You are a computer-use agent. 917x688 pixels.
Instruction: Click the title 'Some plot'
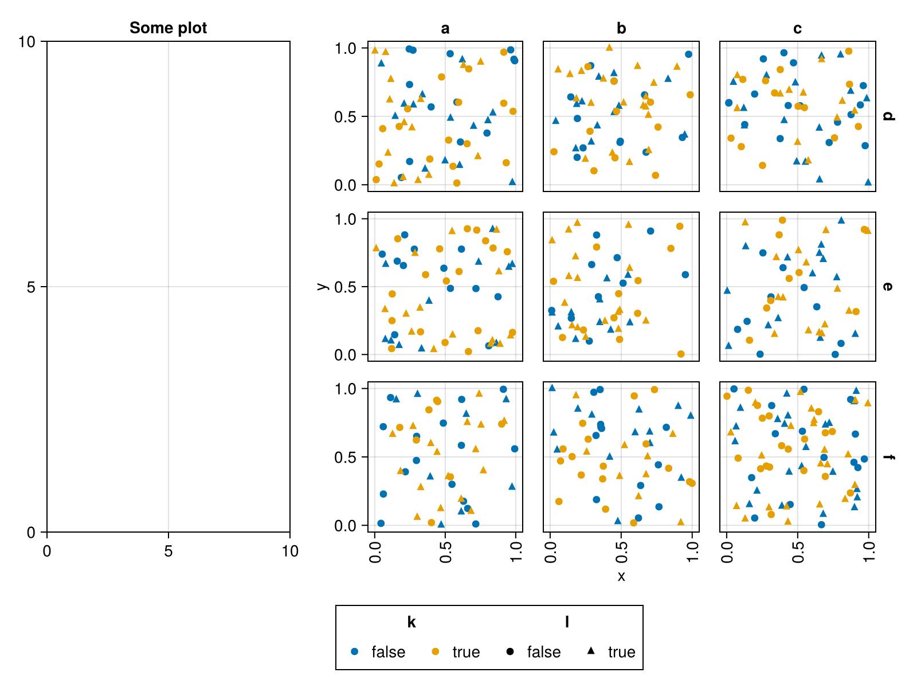(x=168, y=28)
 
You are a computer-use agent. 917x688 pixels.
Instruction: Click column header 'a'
(x=445, y=29)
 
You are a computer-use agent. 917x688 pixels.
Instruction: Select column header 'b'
(x=621, y=29)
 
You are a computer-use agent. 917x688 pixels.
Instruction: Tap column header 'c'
(x=797, y=29)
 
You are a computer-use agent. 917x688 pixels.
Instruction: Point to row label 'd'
(x=888, y=116)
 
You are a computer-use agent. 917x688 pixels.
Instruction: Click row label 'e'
(x=888, y=287)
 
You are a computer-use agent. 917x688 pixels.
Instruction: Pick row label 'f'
(x=888, y=457)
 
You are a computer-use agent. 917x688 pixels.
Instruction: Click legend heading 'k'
(x=412, y=622)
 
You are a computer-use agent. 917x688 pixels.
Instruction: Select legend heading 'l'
(x=567, y=622)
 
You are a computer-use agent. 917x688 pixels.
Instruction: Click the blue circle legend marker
(x=354, y=652)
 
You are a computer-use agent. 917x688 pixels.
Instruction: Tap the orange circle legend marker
(x=436, y=652)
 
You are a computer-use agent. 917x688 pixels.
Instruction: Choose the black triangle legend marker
(x=591, y=651)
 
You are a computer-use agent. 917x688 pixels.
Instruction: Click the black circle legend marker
(x=510, y=652)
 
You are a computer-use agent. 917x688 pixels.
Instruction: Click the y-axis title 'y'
(x=322, y=287)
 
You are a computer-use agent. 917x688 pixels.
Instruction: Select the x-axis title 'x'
(x=621, y=576)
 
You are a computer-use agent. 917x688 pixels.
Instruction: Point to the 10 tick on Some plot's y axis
(x=27, y=41)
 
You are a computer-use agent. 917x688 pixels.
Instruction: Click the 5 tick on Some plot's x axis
(x=168, y=551)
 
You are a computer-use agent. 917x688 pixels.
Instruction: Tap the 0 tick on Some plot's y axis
(x=31, y=532)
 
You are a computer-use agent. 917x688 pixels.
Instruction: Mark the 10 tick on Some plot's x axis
(x=290, y=551)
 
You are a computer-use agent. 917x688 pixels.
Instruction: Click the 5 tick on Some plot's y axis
(x=31, y=287)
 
